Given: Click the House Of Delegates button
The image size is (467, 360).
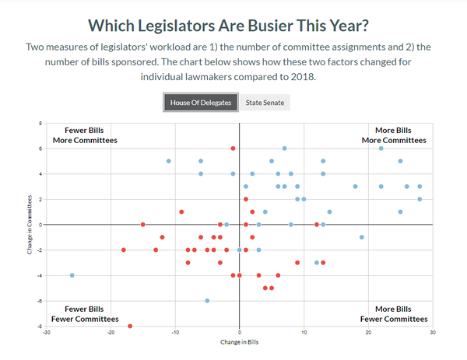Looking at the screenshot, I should point(201,103).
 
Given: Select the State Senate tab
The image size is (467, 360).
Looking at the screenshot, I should point(265,103).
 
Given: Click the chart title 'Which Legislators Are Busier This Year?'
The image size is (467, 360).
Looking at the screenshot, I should point(233,25).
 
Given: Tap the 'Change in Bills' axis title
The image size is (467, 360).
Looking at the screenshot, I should point(239,342).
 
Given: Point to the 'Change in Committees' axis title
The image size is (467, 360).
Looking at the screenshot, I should point(30,225).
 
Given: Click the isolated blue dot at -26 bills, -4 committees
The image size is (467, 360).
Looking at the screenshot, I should point(72,275).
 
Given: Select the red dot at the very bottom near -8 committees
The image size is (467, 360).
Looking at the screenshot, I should point(130,326).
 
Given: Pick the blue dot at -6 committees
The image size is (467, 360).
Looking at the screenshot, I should point(207,300).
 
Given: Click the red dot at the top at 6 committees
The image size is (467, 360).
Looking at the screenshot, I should point(233,149).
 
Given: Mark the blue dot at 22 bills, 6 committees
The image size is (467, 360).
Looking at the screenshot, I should point(381,149).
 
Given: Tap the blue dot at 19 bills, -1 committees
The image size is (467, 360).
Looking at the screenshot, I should point(361,237).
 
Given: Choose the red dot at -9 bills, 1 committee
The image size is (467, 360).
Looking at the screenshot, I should point(181,211).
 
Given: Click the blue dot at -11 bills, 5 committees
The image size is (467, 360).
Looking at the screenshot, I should point(169,161).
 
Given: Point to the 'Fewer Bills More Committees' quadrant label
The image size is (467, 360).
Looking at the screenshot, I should point(85,135).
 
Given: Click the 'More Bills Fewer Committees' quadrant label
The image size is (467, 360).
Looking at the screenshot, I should point(394,314).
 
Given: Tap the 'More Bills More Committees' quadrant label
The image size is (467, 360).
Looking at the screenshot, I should point(394,135).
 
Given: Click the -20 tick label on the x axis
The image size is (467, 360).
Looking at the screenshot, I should point(111,333).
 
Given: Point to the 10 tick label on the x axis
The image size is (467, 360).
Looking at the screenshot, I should point(304,333).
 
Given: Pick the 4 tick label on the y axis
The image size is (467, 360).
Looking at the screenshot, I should point(40,174).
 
